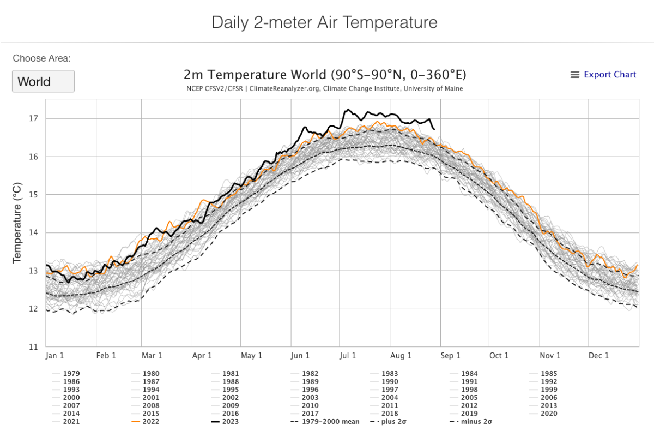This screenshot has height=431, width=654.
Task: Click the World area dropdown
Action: click(43, 82)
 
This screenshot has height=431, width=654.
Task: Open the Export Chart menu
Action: click(603, 75)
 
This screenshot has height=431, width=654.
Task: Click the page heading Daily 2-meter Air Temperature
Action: click(324, 23)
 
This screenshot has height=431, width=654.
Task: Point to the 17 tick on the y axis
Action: click(33, 118)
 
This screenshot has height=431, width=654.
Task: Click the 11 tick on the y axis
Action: click(33, 346)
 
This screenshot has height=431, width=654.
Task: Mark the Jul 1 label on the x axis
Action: click(347, 356)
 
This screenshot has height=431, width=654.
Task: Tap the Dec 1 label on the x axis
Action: click(599, 356)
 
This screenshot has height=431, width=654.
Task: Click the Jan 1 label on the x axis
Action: click(55, 356)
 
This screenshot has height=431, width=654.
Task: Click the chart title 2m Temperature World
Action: click(325, 75)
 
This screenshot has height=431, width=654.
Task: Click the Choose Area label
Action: click(42, 58)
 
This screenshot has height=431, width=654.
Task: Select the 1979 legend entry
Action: click(71, 374)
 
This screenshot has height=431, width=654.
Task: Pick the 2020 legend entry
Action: click(548, 413)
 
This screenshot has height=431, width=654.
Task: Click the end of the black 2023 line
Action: click(434, 129)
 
